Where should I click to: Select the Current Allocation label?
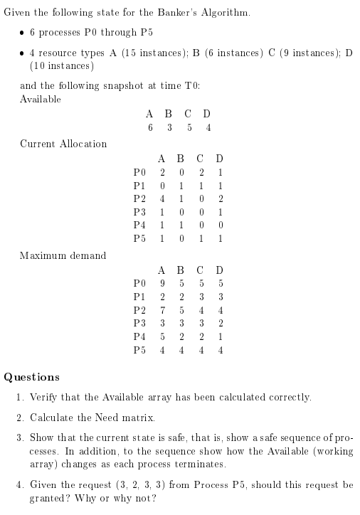click(x=63, y=144)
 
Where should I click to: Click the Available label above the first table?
click(x=41, y=99)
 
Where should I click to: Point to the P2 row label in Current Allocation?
click(x=140, y=198)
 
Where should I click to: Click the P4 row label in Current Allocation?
click(x=140, y=225)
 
